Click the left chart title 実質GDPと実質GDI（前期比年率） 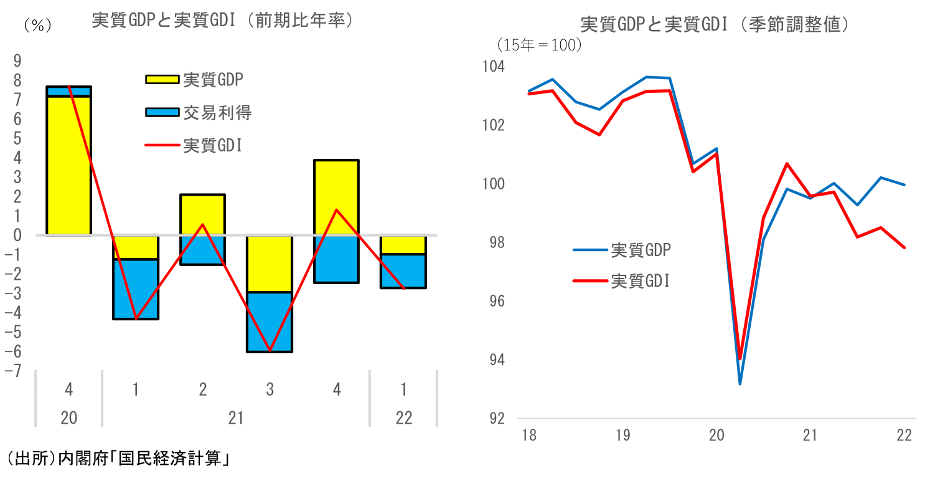[x=223, y=21]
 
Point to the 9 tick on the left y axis [x=17, y=60]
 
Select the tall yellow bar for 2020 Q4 [x=68, y=166]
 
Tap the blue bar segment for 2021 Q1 [x=136, y=289]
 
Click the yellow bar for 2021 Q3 [x=270, y=264]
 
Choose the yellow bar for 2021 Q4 [x=337, y=198]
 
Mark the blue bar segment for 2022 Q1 [x=404, y=271]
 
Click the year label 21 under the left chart [x=236, y=417]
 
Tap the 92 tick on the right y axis [x=496, y=419]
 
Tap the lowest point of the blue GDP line [x=740, y=384]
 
